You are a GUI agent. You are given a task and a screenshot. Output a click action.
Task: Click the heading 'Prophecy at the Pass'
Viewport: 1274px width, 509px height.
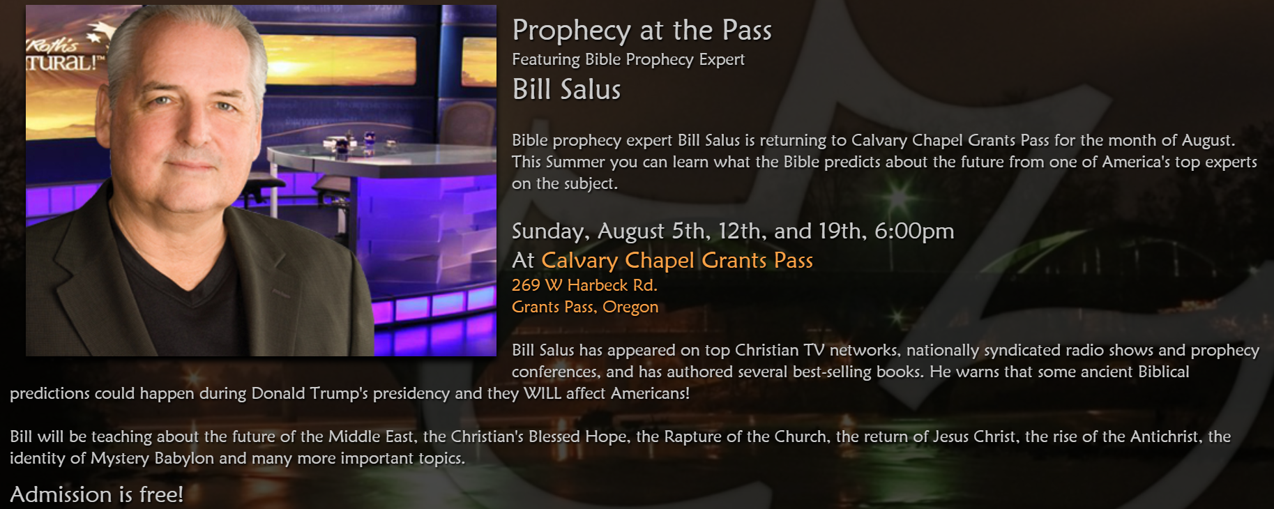coord(642,31)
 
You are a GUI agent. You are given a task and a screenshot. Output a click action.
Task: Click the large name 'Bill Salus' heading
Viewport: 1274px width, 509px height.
coord(566,89)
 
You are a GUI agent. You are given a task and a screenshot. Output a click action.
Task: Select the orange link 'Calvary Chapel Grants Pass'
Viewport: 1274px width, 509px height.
coord(677,260)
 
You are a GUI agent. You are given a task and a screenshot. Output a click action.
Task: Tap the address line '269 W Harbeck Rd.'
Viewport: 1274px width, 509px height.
coord(584,285)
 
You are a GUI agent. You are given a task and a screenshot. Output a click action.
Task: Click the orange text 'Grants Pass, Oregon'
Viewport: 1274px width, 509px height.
coord(585,307)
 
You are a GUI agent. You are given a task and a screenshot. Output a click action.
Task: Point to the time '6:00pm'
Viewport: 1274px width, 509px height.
coord(914,231)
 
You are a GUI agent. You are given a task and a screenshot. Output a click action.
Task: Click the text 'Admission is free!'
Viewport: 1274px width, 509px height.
coord(97,494)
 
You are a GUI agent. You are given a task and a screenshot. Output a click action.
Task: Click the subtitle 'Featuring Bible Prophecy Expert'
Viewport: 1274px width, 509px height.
coord(628,59)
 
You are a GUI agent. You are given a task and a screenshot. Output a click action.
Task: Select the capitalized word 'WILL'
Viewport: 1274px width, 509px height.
coord(542,393)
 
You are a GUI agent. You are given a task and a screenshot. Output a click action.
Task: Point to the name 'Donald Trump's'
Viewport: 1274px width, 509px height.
coord(310,393)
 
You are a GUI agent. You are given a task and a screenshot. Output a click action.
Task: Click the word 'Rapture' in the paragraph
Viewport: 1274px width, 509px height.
coord(691,437)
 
